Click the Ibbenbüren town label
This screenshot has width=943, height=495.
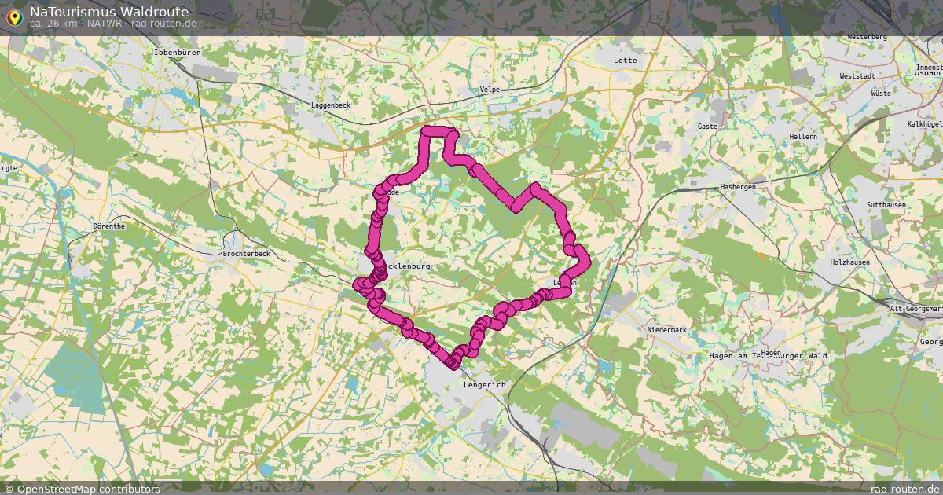[x=178, y=52]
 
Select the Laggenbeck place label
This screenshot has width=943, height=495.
[x=330, y=104]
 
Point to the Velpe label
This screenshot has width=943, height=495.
[x=490, y=90]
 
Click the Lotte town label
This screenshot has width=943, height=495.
[x=626, y=60]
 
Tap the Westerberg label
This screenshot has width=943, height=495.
[x=868, y=37]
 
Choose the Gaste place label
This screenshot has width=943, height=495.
[x=707, y=126]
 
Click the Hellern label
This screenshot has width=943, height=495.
[x=803, y=136]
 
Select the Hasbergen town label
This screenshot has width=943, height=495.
[x=738, y=186]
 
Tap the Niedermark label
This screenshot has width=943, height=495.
[x=667, y=329]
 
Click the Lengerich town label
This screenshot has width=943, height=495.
[x=485, y=384]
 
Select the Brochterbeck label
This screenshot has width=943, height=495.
[x=246, y=254]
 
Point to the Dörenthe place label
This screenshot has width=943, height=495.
[x=108, y=225]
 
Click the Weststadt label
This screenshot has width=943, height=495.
[x=857, y=76]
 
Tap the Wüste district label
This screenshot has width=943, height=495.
[x=880, y=93]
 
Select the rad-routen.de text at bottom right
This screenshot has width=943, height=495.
[x=905, y=489]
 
